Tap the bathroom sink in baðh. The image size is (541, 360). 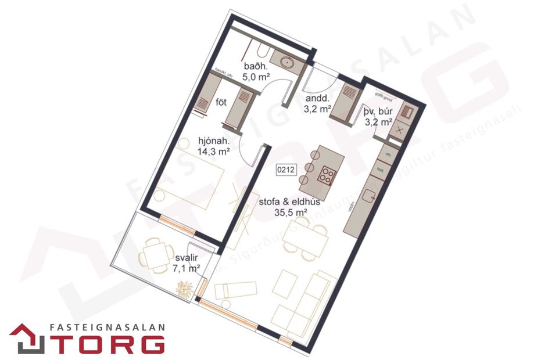click(x=287, y=60)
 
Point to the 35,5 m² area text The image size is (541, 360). click(x=291, y=213)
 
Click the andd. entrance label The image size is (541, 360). click(x=316, y=98)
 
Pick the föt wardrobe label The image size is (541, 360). click(x=221, y=103)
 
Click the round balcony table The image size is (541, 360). click(x=153, y=254)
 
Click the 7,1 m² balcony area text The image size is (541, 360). click(x=187, y=268)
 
